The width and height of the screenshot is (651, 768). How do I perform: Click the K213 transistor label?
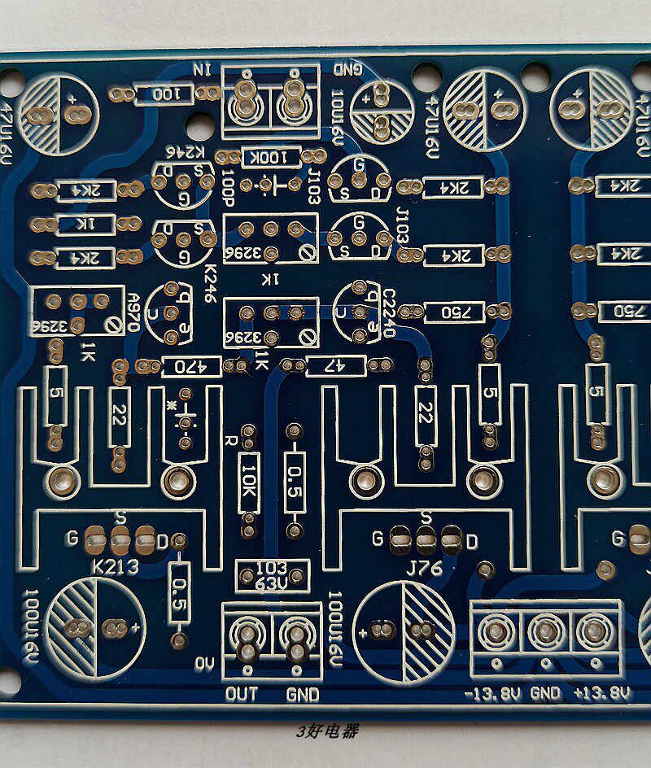(115, 567)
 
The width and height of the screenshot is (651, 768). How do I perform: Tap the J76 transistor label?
(425, 568)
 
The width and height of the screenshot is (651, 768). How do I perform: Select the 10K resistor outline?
(249, 482)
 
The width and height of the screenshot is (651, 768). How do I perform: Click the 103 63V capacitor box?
(272, 575)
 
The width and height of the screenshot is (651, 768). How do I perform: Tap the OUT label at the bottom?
(242, 694)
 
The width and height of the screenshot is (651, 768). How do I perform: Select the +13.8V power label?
(602, 694)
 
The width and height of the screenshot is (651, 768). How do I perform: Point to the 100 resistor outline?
(165, 95)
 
